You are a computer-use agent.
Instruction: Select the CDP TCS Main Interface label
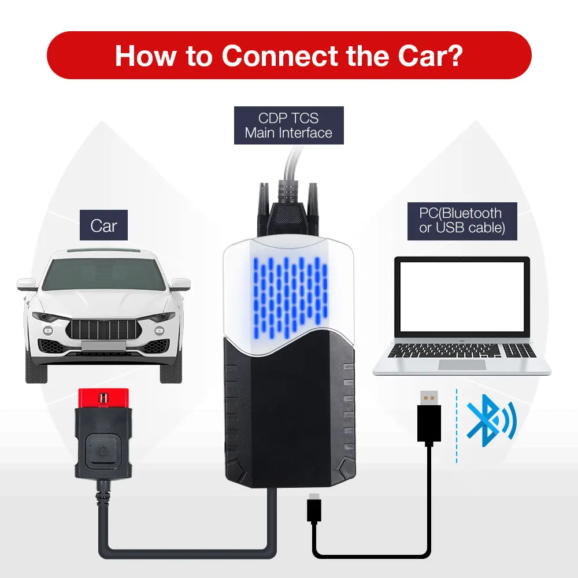[288, 125]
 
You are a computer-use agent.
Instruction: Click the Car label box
[104, 225]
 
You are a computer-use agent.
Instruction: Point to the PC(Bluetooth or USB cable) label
[461, 220]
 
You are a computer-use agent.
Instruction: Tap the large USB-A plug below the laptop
[428, 416]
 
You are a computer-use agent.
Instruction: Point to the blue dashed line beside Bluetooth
[457, 425]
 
